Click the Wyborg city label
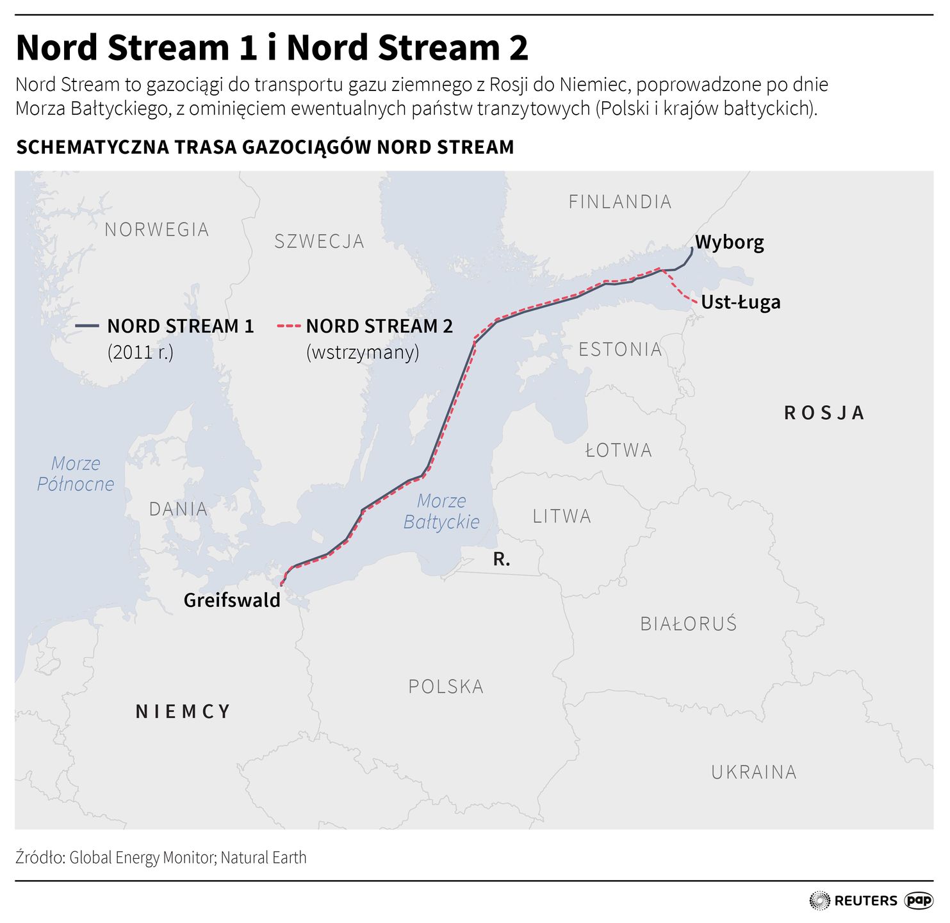pos(729,242)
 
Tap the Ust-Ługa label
pos(740,302)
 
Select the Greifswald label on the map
pos(232,600)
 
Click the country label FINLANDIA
pos(619,202)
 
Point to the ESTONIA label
pos(619,349)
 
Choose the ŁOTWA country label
pos(618,451)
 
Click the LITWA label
pos(561,516)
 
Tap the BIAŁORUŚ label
pos(688,624)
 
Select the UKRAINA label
pos(753,772)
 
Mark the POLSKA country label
pos(445,686)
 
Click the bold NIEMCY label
pos(183,711)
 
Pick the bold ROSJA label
pos(824,413)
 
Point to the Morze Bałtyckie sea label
pos(441,511)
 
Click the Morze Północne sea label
pos(76,474)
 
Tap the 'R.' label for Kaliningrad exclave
pos(502,560)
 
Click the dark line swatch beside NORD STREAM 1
pos(87,326)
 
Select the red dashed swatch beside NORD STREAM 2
pos(288,326)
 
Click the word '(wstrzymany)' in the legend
pos(362,352)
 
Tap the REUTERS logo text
pos(865,901)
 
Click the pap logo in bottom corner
pos(919,900)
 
